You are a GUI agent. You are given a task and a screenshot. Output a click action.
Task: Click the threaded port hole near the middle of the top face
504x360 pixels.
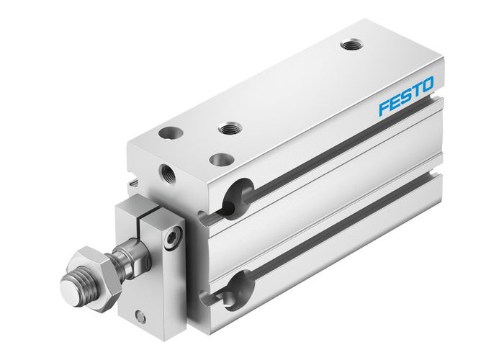pyautogui.click(x=230, y=129)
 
